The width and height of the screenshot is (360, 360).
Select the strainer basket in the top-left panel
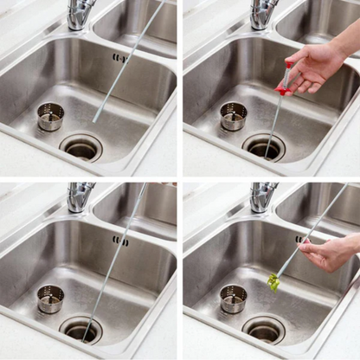50,116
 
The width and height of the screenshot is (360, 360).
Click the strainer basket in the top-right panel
233,116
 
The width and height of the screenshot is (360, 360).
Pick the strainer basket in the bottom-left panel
50,299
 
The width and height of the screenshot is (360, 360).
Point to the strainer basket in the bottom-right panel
233,299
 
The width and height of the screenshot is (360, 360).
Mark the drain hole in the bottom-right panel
264,329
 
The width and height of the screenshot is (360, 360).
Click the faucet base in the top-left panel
80,15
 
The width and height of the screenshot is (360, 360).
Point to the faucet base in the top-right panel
263,15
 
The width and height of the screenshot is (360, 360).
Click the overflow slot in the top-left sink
119,58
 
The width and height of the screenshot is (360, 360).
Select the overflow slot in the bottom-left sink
119,241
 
